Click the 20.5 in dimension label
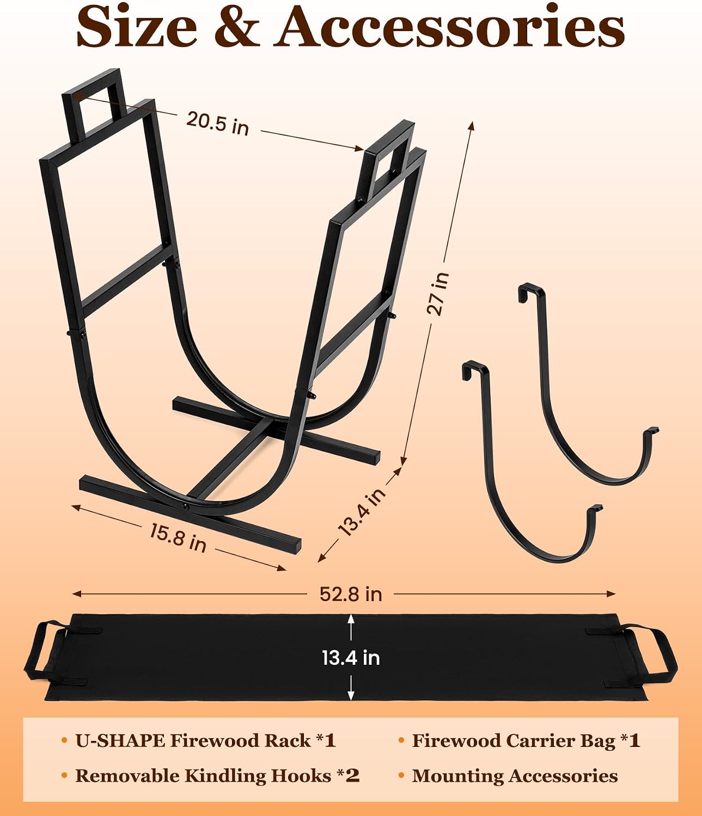217,123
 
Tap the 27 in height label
437,293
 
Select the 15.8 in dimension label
178,537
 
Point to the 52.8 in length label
351,594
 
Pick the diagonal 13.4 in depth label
362,511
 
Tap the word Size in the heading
136,26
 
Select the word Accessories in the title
451,27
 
